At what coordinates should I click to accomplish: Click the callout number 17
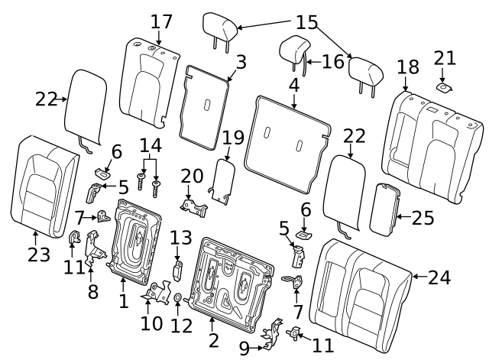pyautogui.click(x=161, y=22)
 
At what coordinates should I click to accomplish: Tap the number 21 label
pyautogui.click(x=445, y=58)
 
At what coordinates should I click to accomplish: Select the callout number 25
pyautogui.click(x=423, y=217)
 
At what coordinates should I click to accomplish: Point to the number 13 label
pyautogui.click(x=181, y=238)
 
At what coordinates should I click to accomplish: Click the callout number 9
pyautogui.click(x=244, y=348)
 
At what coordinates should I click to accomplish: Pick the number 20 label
pyautogui.click(x=192, y=176)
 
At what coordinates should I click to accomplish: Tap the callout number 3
pyautogui.click(x=241, y=62)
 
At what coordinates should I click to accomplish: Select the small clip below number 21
pyautogui.click(x=444, y=88)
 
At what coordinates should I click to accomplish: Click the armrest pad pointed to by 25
pyautogui.click(x=384, y=209)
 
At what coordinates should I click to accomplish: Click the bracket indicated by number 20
pyautogui.click(x=194, y=208)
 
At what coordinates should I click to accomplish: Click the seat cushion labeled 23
pyautogui.click(x=44, y=187)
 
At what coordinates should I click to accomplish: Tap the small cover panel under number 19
pyautogui.click(x=223, y=181)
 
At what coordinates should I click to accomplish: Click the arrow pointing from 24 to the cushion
pyautogui.click(x=420, y=277)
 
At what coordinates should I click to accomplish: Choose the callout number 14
pyautogui.click(x=151, y=145)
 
